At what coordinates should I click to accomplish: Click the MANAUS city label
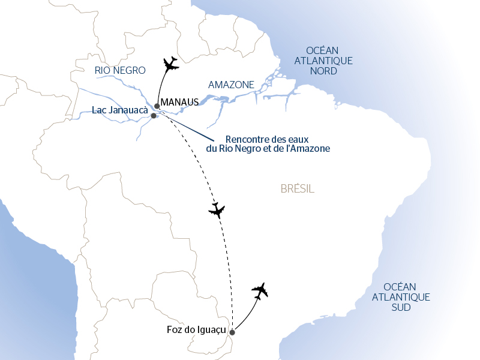point(179,103)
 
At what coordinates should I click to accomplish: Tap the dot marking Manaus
point(157,106)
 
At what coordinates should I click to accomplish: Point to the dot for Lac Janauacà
point(154,116)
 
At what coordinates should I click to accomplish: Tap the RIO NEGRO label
point(120,70)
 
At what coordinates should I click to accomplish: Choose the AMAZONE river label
point(231,85)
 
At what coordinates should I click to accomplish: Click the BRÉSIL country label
point(297,189)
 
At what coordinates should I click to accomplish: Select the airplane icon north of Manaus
point(171,64)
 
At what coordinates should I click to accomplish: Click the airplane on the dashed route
point(217,210)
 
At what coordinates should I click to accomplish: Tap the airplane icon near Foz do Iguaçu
point(260,292)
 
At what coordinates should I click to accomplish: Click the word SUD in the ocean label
point(400,307)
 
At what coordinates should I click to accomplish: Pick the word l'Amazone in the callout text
point(308,148)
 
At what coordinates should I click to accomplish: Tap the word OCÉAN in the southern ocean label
point(400,287)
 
